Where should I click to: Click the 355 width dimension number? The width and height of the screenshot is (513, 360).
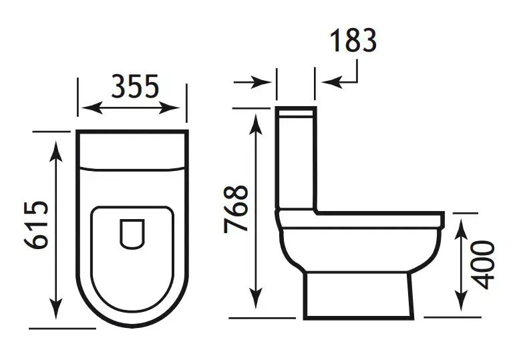click(x=135, y=86)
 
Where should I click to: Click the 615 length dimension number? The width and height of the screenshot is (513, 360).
click(x=36, y=225)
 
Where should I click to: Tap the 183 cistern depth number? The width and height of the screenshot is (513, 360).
click(x=353, y=40)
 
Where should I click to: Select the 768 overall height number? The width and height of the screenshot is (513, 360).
click(x=236, y=209)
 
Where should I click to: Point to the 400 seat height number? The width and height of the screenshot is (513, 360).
click(x=483, y=264)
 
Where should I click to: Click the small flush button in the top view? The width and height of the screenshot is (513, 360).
click(x=132, y=234)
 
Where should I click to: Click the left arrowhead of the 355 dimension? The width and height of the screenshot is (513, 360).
click(x=92, y=108)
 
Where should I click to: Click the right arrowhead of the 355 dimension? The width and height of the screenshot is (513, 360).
click(x=169, y=108)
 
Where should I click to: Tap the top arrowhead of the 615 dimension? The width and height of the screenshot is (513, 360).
click(x=56, y=152)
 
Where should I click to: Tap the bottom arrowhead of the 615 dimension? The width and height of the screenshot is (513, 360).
click(x=56, y=309)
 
